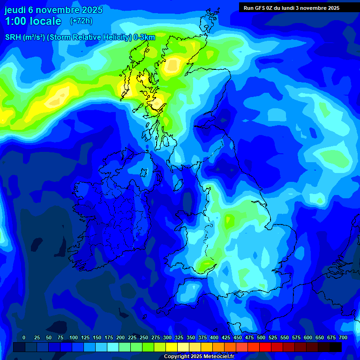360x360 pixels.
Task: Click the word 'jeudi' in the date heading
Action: click(15, 10)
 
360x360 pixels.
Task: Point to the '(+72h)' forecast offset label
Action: click(81, 21)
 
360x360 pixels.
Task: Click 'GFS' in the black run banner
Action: click(261, 8)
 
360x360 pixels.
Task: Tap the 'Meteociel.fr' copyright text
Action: click(217, 357)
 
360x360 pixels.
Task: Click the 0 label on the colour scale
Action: click(24, 337)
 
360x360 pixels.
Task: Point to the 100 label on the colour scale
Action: click(74, 337)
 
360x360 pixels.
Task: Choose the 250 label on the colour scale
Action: click(144, 337)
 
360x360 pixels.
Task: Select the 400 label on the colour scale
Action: click(214, 337)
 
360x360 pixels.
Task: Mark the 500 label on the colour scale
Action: click(261, 337)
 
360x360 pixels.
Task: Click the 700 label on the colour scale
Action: click(343, 337)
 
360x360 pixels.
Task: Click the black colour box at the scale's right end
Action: click(336, 347)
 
